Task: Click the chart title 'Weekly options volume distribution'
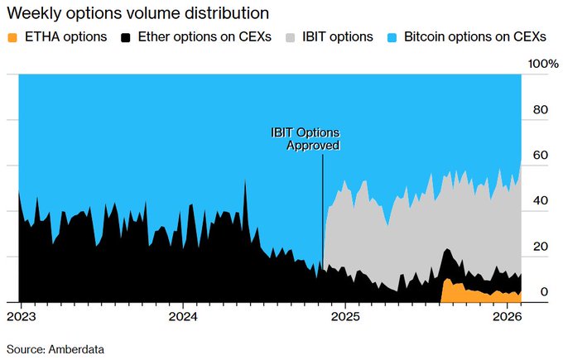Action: pos(137,13)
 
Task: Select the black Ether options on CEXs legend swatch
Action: pos(126,37)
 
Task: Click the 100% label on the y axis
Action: pos(543,64)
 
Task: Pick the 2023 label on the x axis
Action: pos(20,317)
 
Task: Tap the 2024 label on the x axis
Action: pos(183,317)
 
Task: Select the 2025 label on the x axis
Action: pos(346,317)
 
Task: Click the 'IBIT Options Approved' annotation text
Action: pos(306,139)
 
